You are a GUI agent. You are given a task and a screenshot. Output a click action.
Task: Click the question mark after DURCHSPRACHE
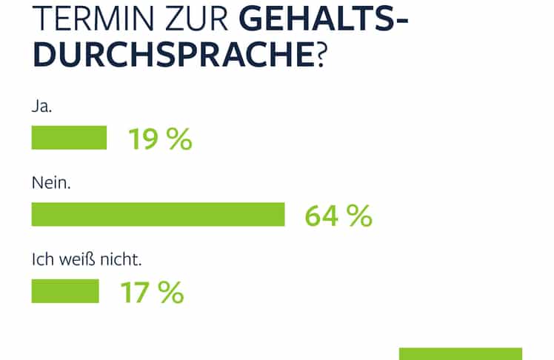(x=321, y=55)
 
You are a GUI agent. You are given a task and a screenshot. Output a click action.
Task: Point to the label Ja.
(x=42, y=106)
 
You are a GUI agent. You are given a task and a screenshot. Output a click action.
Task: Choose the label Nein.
(x=50, y=182)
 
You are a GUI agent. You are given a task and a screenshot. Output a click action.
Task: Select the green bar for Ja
(x=69, y=138)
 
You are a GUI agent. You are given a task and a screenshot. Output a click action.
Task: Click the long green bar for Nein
(x=158, y=214)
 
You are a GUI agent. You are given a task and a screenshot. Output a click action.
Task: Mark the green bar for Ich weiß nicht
(x=65, y=291)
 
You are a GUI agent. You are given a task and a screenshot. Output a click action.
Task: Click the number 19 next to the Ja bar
(x=144, y=139)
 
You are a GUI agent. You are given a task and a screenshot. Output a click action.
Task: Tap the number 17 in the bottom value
(x=136, y=292)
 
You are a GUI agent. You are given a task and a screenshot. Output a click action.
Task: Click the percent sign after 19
(x=179, y=139)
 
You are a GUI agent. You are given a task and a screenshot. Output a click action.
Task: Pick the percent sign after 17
(x=171, y=292)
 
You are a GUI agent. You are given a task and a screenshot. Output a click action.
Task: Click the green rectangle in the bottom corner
(x=461, y=353)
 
